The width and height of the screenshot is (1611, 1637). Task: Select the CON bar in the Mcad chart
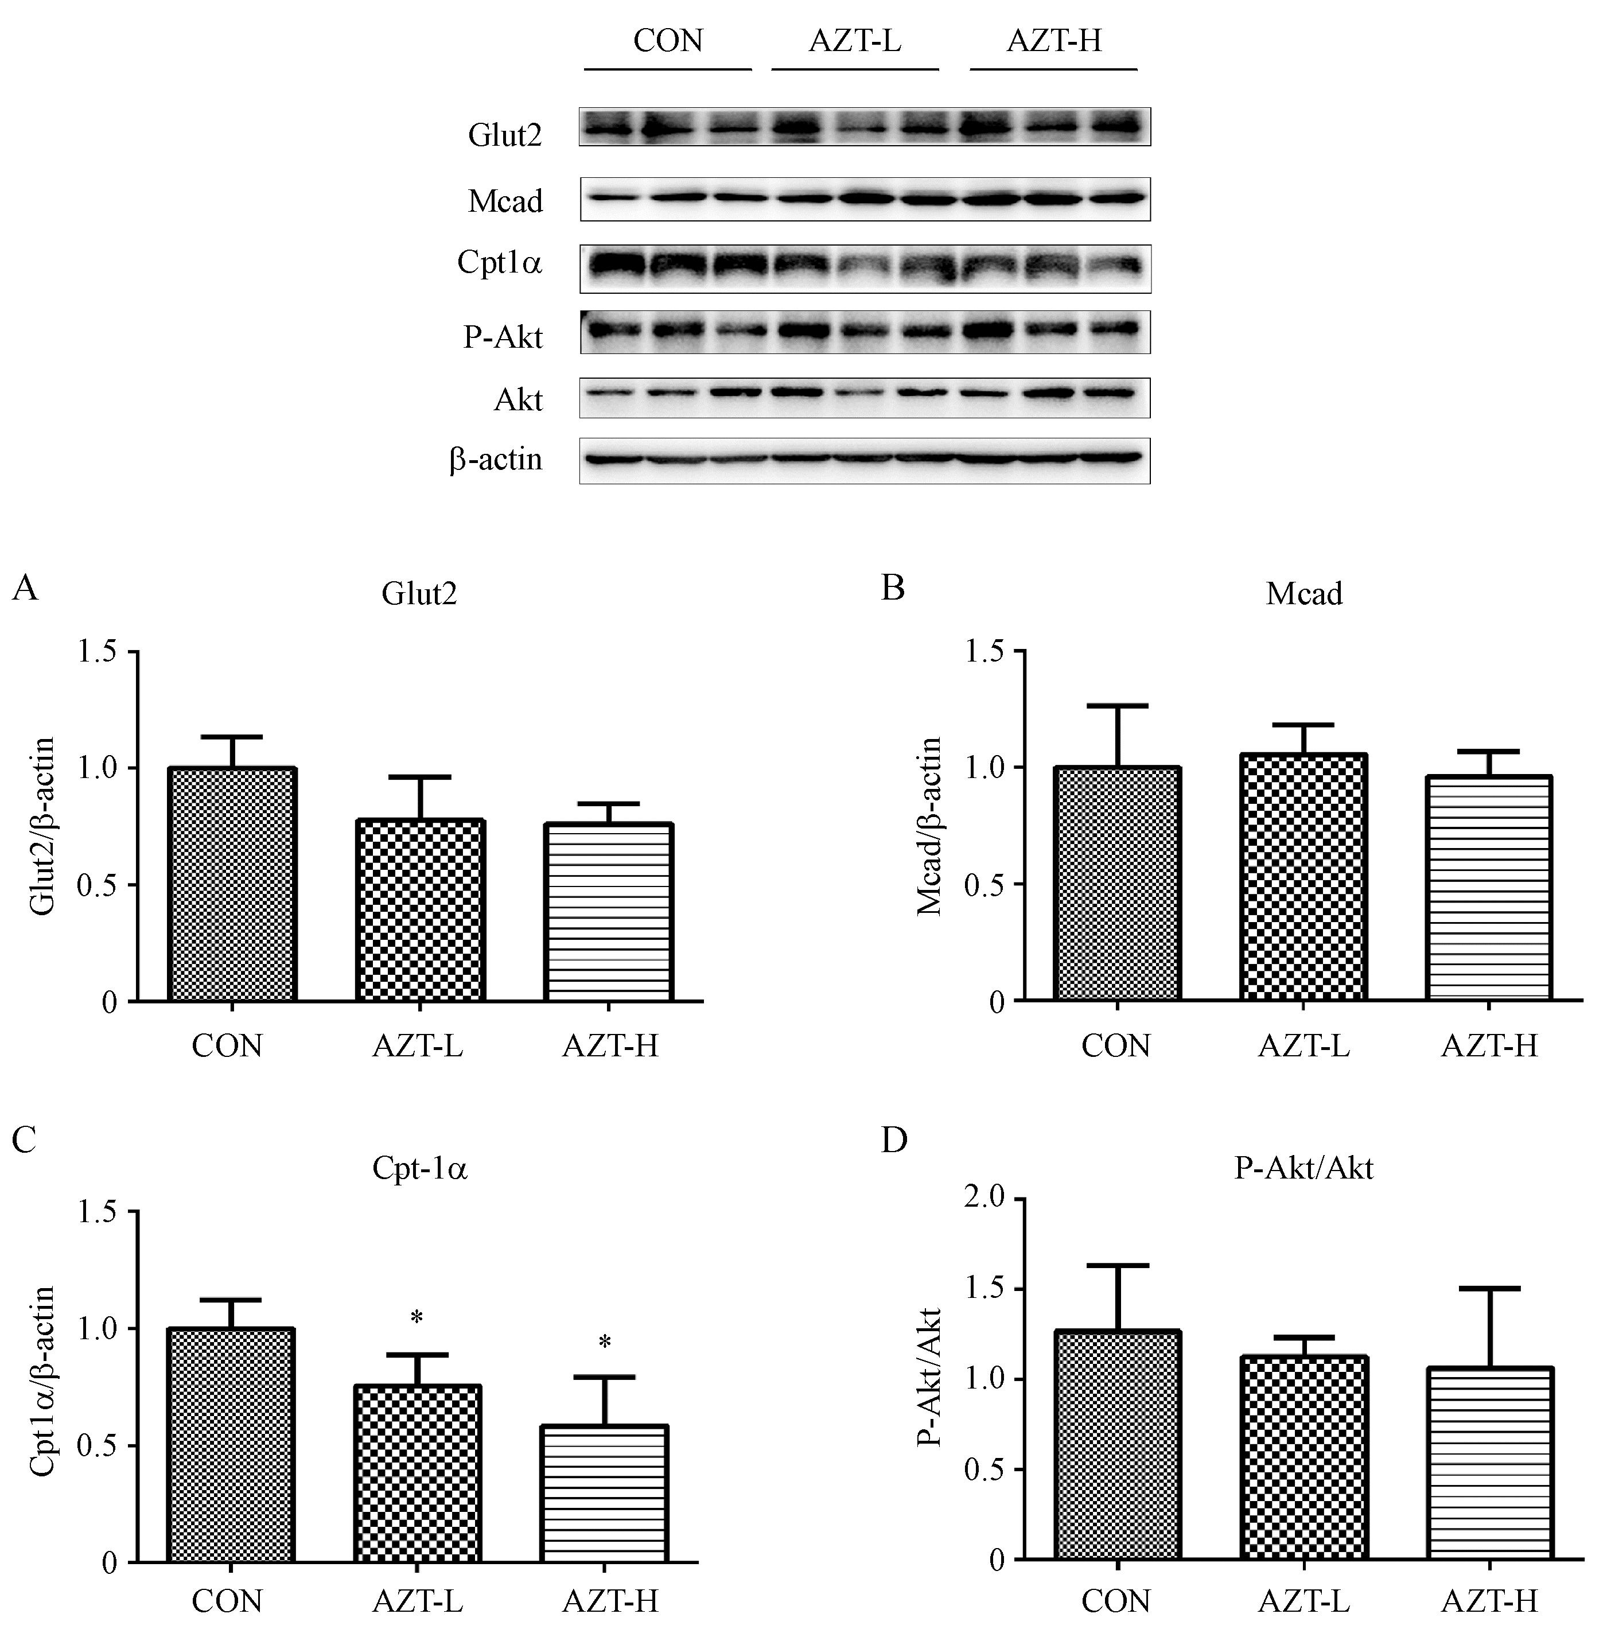click(x=1117, y=884)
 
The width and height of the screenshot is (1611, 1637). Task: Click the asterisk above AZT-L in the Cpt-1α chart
click(x=417, y=1318)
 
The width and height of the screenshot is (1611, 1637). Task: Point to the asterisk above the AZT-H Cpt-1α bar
click(x=605, y=1343)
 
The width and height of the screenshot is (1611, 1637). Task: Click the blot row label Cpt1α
click(x=499, y=264)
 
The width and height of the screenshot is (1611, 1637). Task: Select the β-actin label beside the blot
click(x=496, y=460)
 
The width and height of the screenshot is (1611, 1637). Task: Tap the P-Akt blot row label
click(x=503, y=337)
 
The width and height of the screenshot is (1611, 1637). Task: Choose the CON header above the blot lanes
click(x=668, y=41)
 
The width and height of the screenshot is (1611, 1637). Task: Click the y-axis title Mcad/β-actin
click(x=929, y=827)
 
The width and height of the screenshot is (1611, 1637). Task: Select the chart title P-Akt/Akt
click(x=1303, y=1168)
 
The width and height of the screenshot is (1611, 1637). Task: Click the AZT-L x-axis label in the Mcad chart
click(x=1303, y=1047)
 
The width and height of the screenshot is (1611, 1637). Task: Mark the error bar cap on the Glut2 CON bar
click(x=232, y=736)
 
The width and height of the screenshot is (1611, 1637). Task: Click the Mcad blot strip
click(x=865, y=199)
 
